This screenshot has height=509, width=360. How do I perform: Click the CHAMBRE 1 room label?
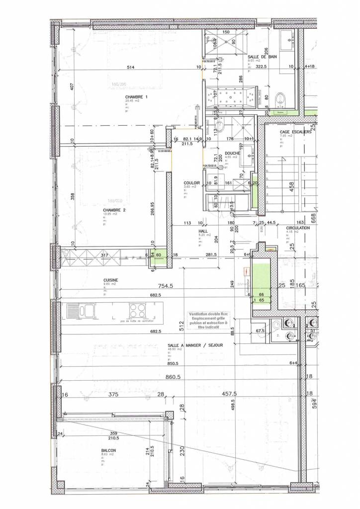136,96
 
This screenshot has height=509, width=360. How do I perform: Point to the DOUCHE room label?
232,153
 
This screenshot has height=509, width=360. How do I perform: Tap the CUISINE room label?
111,280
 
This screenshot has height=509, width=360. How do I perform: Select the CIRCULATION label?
298,228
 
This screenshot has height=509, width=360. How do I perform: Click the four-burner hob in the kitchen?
137,311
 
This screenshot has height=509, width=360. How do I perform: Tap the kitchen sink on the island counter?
80,311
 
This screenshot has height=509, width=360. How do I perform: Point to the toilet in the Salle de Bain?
282,98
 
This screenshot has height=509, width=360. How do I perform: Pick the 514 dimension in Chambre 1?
131,67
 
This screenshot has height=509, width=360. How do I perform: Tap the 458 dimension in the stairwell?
292,186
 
